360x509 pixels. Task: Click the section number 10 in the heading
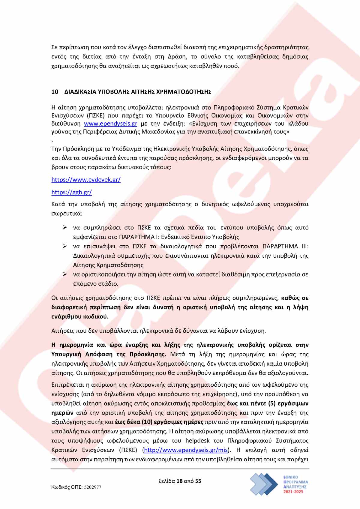point(55,92)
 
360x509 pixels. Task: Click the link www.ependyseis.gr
point(110,124)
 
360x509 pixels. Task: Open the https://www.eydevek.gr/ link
point(86,180)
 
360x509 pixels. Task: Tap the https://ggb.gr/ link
point(72,192)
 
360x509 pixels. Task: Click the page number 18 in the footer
point(180,481)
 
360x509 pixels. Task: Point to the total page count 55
point(198,481)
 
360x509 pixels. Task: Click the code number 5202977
point(92,487)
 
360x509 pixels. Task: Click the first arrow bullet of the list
point(65,228)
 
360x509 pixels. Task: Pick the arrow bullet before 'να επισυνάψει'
point(65,246)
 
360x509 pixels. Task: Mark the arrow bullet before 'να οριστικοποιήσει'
point(65,274)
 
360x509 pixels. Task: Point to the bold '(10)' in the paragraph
point(147,422)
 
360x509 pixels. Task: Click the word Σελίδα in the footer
point(167,481)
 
